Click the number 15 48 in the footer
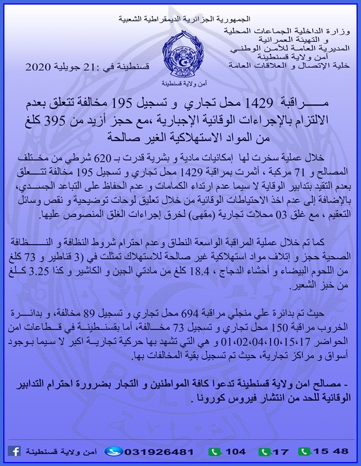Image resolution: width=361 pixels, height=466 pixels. [x=331, y=451]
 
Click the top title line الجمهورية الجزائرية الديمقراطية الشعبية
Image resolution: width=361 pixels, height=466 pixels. [x=183, y=19]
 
